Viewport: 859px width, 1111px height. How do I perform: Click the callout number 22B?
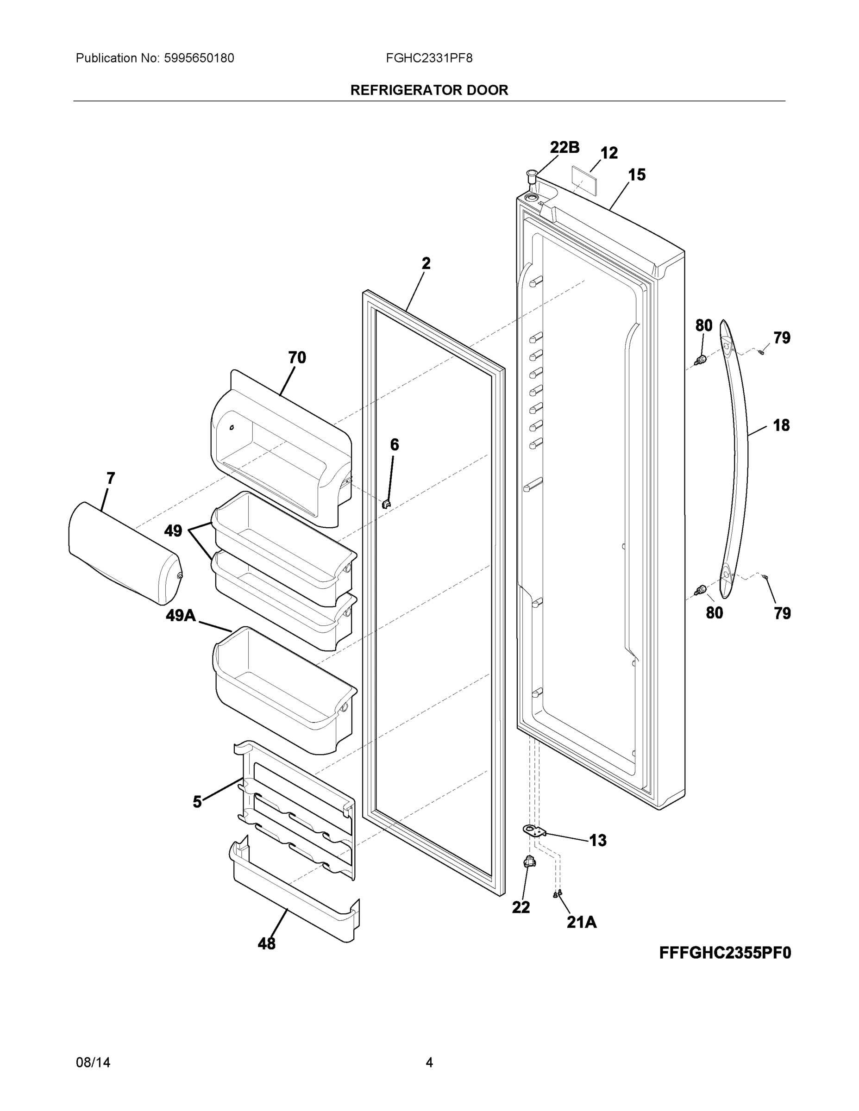(x=564, y=147)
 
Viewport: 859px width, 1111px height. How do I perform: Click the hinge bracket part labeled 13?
(x=534, y=831)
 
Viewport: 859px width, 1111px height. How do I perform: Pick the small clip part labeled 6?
(x=386, y=504)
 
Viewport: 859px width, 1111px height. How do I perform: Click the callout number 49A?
(x=180, y=616)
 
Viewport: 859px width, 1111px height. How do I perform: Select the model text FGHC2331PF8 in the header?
(x=429, y=58)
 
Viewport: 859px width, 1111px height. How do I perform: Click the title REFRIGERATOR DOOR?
(x=429, y=90)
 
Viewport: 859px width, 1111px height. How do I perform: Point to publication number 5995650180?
(x=199, y=58)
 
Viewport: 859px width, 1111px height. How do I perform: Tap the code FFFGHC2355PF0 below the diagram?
(x=725, y=952)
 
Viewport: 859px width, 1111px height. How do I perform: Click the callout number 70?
(x=297, y=358)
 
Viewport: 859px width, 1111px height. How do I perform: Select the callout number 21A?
(x=582, y=922)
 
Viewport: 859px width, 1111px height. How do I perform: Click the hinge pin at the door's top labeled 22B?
(x=532, y=176)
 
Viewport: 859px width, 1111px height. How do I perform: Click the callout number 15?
(x=637, y=175)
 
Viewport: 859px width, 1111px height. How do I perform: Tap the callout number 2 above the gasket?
(x=426, y=263)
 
